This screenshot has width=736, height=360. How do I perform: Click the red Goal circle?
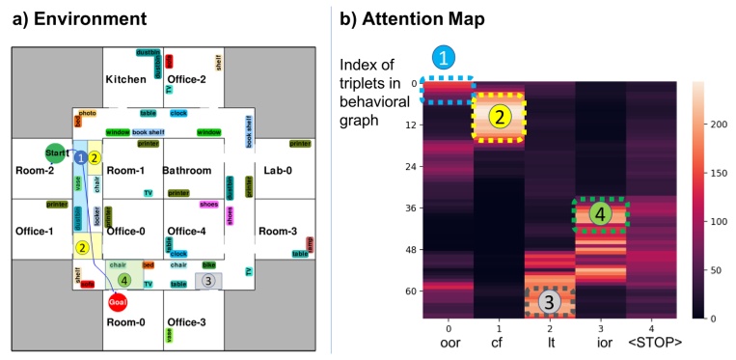118,302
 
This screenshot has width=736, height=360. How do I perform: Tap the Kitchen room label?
125,79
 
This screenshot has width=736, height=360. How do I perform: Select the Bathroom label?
186,171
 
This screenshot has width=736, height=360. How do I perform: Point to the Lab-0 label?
278,171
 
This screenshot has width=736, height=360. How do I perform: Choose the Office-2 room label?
187,79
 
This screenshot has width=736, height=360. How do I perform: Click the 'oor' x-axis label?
449,342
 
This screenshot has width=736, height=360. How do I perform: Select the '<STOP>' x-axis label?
655,342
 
